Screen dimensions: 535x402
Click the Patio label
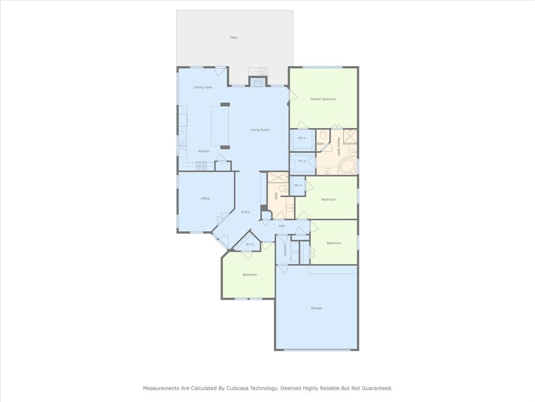tap(234, 38)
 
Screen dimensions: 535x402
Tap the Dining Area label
tap(203, 87)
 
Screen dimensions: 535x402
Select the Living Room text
tap(260, 130)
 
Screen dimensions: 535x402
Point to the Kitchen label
tap(204, 151)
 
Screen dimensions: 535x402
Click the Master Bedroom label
tap(323, 99)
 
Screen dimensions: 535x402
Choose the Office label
tap(205, 198)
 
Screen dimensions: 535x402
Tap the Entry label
tap(246, 213)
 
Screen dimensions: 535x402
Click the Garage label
tap(316, 308)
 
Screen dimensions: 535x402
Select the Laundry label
tap(284, 250)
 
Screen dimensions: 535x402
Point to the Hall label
tap(282, 226)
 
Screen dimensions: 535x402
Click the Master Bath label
tap(339, 147)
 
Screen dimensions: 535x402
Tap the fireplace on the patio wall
tap(257, 82)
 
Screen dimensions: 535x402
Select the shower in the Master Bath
tap(350, 136)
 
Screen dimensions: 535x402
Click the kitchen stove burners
tap(201, 166)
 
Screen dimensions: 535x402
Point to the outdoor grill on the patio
tap(258, 71)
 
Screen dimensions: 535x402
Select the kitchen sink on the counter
tap(183, 146)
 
